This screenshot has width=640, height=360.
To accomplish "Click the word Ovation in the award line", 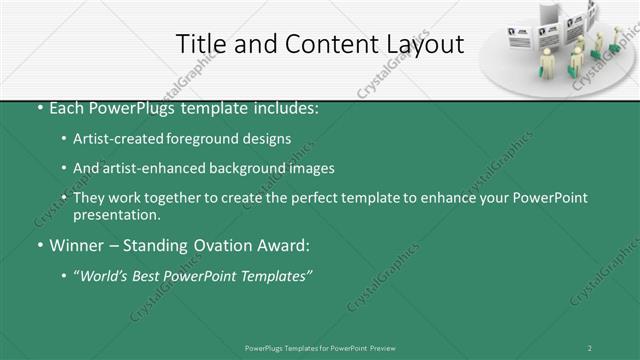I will click(x=210, y=245).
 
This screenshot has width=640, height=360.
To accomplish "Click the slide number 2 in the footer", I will click(x=589, y=348).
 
